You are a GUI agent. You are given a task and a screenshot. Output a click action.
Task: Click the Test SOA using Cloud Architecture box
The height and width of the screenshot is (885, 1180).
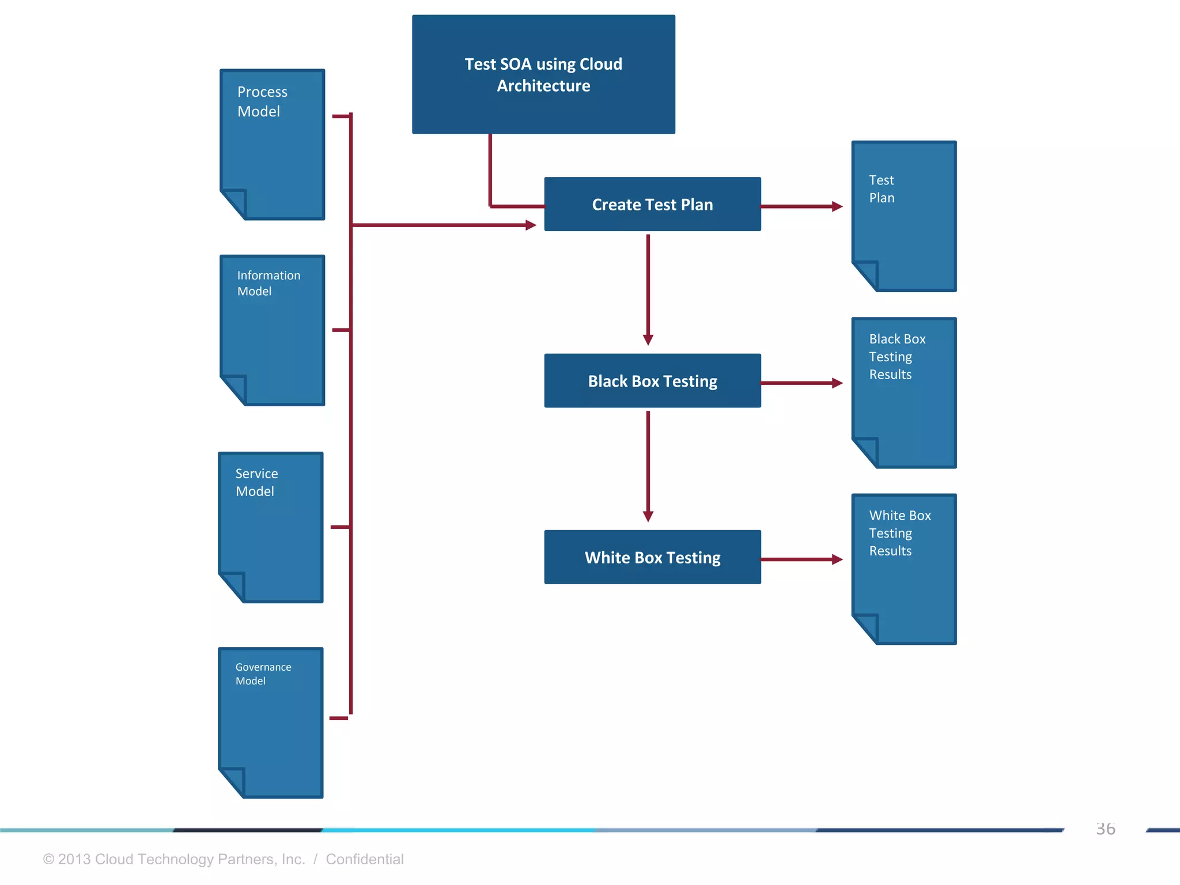[543, 74]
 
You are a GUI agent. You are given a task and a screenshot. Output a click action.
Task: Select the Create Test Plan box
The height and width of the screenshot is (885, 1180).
[652, 205]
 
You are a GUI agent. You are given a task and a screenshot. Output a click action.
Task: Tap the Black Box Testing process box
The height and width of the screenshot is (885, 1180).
[652, 381]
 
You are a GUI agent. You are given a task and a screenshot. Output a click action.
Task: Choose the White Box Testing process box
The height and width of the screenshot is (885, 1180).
[652, 557]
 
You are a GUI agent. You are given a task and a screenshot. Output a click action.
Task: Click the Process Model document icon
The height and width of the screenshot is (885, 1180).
[273, 144]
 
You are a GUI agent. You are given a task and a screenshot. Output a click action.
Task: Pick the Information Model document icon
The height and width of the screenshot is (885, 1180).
[273, 330]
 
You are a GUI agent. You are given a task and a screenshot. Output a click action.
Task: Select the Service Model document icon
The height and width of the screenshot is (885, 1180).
[271, 527]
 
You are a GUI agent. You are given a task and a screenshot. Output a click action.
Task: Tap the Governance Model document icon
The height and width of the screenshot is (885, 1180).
[271, 723]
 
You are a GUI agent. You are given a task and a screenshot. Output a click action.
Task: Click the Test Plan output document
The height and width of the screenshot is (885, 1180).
[904, 216]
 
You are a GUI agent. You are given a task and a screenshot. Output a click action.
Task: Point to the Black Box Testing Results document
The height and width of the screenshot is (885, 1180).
[904, 392]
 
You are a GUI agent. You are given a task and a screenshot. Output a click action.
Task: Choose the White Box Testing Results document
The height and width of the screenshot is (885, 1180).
[904, 569]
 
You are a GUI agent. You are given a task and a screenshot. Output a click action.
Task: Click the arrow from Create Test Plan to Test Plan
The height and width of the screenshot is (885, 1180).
[801, 206]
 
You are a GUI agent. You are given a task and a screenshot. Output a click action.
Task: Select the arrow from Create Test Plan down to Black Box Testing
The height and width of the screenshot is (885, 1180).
[648, 288]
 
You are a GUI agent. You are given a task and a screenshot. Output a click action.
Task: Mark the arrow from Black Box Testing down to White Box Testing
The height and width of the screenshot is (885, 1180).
[648, 464]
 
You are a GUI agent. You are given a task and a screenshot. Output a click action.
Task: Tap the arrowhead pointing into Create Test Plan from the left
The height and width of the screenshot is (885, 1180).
[531, 225]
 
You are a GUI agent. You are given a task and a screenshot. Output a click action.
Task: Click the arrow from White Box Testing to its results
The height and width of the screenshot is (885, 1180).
[801, 559]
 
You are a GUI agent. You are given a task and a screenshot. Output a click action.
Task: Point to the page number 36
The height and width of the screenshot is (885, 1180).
[1105, 829]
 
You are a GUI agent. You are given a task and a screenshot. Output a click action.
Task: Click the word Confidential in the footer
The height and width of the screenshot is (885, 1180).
[365, 859]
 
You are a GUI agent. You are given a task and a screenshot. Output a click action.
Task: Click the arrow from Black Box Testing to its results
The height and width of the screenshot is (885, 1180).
[801, 383]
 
